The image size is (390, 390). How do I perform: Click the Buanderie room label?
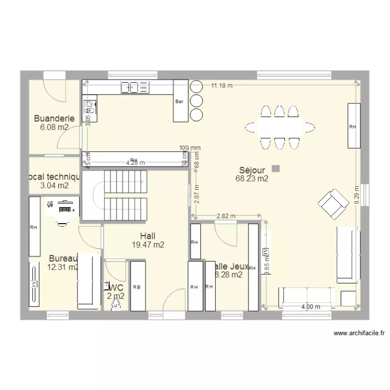(54, 119)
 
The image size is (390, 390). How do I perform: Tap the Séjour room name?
(252, 170)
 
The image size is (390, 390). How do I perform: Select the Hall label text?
(148, 236)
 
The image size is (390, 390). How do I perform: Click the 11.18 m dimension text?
(222, 86)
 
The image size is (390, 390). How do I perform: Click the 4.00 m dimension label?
(310, 307)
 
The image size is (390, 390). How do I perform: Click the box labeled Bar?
(180, 101)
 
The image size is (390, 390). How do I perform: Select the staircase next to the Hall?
(124, 195)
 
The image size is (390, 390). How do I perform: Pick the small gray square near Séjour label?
(275, 168)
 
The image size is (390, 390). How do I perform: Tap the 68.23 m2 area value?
(252, 179)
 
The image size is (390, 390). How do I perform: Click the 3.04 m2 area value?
(55, 185)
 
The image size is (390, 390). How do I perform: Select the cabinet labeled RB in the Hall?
(137, 285)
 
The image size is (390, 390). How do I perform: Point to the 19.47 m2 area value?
(148, 244)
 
